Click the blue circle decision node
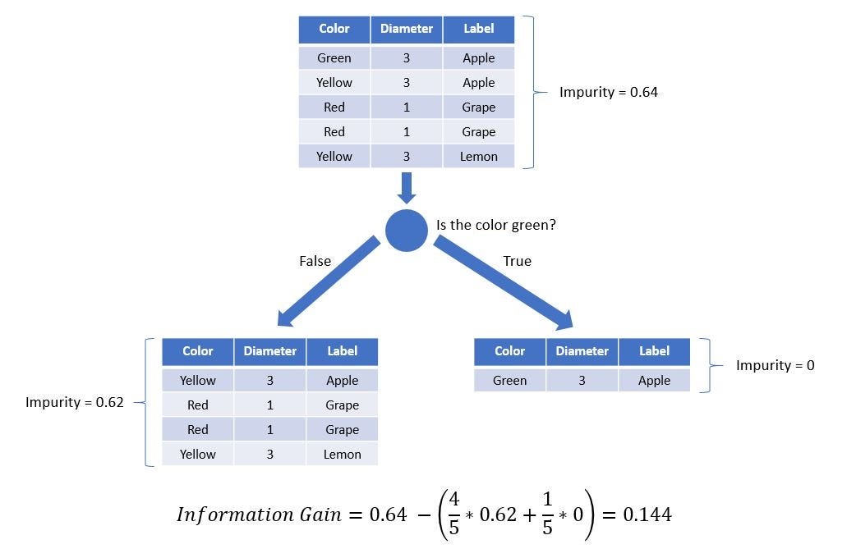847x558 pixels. coord(407,231)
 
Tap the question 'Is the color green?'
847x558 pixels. coord(496,225)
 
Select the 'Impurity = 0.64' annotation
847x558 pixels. coord(608,92)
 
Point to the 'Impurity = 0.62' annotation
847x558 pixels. coord(75,402)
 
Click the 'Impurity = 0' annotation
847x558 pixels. coord(775,365)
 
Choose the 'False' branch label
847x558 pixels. coord(315,261)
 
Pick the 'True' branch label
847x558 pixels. coord(517,261)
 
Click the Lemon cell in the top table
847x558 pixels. coord(478,156)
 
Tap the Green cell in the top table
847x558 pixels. coord(334,58)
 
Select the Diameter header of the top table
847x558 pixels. coord(406,29)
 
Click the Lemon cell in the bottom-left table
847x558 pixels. coord(342,454)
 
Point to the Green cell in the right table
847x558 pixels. coord(509,380)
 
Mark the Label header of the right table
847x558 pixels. coord(654,351)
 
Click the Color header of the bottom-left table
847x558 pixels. coord(197,351)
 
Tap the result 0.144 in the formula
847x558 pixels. coord(647,515)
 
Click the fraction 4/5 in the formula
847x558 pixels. coord(453,515)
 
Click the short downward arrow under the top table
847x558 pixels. coord(406,187)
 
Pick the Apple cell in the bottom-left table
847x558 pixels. coord(342,380)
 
